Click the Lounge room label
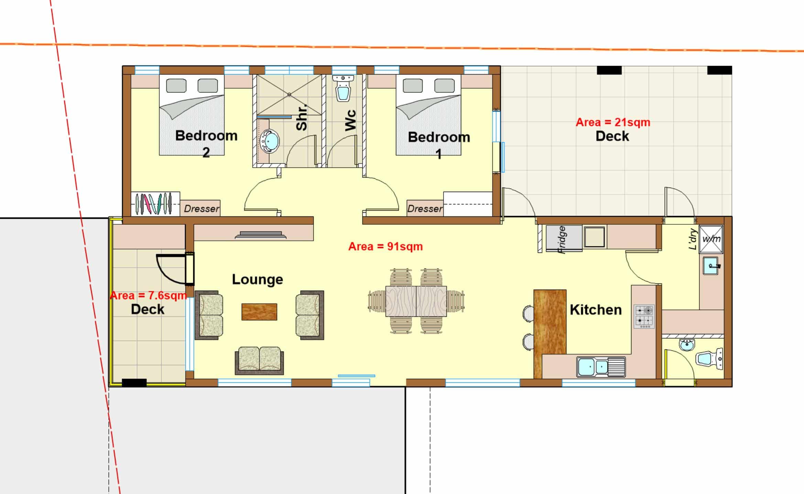pos(257,279)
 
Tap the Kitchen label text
pos(596,310)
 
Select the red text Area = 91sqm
pos(385,246)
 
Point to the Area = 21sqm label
pos(613,122)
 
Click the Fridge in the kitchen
pos(564,238)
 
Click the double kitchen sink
pos(601,367)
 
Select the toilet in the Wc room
pos(344,88)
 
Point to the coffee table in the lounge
pos(259,312)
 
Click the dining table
pos(416,301)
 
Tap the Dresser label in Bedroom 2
pos(202,209)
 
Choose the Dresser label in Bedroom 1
pos(425,209)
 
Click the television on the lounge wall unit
pos(261,235)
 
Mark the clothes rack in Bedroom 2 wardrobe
pos(153,204)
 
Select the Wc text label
pos(350,120)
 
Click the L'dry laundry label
pos(693,239)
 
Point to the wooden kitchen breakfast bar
pos(550,333)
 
